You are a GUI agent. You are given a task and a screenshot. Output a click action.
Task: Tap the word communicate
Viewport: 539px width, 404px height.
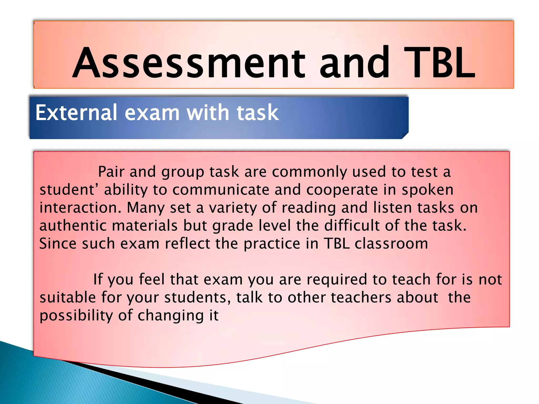(221, 190)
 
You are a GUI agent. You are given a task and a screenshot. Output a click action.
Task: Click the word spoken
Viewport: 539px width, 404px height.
(427, 190)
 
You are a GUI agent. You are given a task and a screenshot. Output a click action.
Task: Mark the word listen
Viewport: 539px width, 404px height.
(392, 208)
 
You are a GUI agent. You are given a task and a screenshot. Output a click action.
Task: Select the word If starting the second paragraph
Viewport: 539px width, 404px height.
(98, 279)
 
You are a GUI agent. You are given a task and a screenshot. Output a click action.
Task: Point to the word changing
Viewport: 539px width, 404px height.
(171, 316)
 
